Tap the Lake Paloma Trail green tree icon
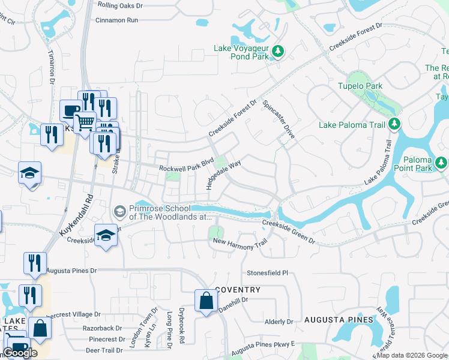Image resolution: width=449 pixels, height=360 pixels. (x=394, y=124)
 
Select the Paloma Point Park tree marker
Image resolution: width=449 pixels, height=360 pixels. (x=441, y=163)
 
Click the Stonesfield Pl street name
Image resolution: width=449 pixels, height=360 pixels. (x=268, y=272)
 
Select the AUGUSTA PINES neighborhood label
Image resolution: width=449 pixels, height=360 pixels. (x=339, y=320)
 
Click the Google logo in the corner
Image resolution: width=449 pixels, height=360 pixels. (x=20, y=353)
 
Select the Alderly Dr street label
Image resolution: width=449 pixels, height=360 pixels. (x=279, y=322)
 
